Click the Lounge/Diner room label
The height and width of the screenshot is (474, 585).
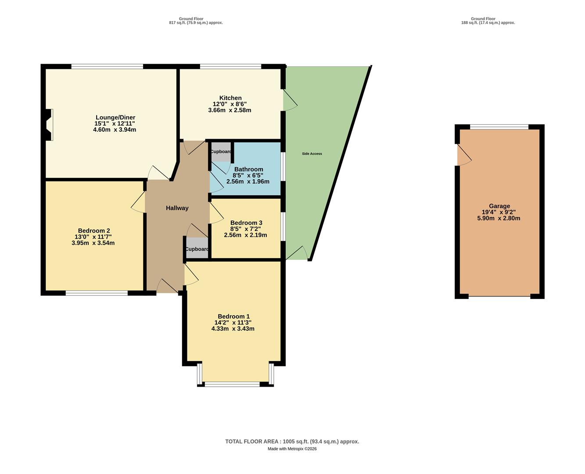click(115, 118)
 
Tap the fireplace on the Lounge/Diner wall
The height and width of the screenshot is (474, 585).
click(48, 125)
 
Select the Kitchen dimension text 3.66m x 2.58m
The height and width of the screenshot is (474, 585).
click(230, 110)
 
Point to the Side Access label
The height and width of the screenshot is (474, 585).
click(312, 154)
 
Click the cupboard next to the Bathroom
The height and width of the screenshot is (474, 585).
click(220, 152)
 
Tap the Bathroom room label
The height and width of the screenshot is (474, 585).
click(248, 169)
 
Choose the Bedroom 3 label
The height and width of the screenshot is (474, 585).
click(246, 223)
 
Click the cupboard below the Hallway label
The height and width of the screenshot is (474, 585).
click(197, 249)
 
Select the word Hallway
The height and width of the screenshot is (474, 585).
click(177, 208)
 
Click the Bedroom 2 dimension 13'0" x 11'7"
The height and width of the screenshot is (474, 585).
click(93, 237)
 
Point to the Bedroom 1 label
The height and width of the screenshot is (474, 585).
click(233, 316)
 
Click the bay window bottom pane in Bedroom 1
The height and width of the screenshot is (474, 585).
click(232, 384)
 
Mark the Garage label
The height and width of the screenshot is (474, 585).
click(499, 206)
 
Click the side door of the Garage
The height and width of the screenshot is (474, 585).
click(463, 154)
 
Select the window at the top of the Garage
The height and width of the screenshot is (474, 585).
click(499, 127)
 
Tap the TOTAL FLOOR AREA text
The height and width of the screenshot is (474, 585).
click(292, 442)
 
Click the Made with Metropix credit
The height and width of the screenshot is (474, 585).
click(292, 449)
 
